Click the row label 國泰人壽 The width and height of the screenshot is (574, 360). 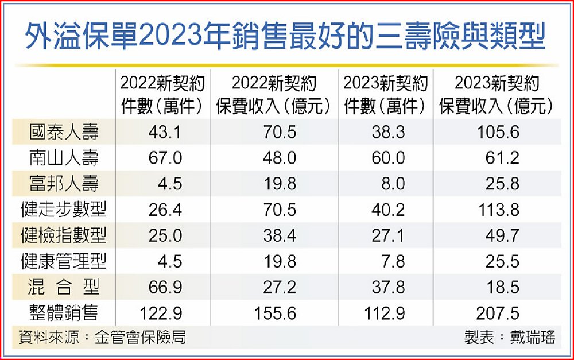pyautogui.click(x=64, y=133)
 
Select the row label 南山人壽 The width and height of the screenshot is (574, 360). pyautogui.click(x=64, y=158)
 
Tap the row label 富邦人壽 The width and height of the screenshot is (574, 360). pyautogui.click(x=64, y=183)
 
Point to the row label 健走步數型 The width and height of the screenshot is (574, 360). pyautogui.click(x=64, y=210)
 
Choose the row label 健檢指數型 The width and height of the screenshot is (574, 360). pyautogui.click(x=64, y=235)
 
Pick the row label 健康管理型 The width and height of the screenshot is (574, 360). pyautogui.click(x=64, y=261)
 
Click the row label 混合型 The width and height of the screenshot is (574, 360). pyautogui.click(x=64, y=287)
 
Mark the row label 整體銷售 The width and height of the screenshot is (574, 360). pyautogui.click(x=64, y=313)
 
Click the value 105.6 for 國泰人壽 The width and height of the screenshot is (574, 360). pyautogui.click(x=498, y=133)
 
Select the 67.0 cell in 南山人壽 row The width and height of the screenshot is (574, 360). pyautogui.click(x=165, y=158)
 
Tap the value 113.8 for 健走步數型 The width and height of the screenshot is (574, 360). pyautogui.click(x=498, y=210)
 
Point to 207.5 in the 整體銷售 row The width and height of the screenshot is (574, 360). pyautogui.click(x=498, y=313)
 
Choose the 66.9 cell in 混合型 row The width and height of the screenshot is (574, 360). pyautogui.click(x=165, y=287)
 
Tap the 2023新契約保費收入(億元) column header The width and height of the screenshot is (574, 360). pyautogui.click(x=497, y=95)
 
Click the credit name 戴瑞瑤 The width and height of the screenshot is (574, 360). pyautogui.click(x=533, y=337)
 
